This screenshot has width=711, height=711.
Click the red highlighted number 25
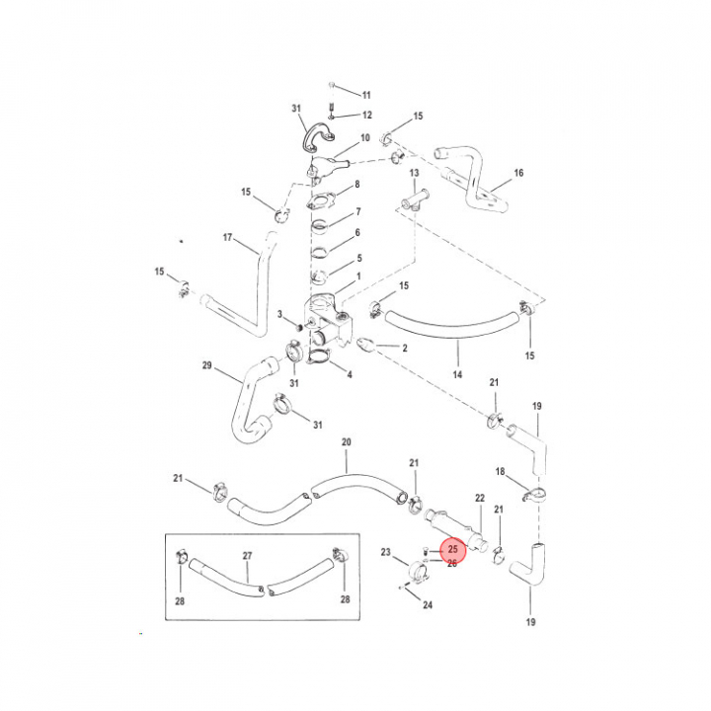tap(453, 550)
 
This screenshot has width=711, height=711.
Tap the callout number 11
tap(366, 95)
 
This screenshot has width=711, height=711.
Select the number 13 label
tap(414, 173)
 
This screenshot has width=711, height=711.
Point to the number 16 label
tap(518, 173)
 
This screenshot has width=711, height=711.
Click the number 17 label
tap(228, 238)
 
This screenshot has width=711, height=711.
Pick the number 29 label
tap(206, 365)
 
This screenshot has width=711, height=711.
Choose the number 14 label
tap(457, 374)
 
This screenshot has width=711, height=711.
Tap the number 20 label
tap(346, 442)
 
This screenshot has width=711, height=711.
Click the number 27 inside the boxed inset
tap(247, 556)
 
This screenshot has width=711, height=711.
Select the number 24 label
tap(428, 605)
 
